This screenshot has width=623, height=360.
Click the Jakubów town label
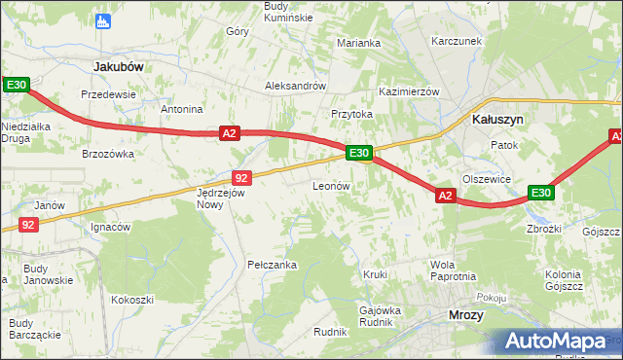pos(118,66)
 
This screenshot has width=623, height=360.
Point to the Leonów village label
pos(330,185)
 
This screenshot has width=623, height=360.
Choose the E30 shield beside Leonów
pos(358,153)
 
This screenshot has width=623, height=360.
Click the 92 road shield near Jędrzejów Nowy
pos(242,177)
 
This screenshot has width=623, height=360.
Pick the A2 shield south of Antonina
pos(229,133)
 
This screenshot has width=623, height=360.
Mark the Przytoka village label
pos(351,114)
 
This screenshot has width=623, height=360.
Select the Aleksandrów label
pos(295,86)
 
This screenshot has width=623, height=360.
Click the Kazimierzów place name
pos(410,90)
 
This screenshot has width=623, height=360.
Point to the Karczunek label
pos(458,42)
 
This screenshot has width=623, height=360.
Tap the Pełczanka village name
pos(272,264)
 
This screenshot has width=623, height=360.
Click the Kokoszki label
pos(132,300)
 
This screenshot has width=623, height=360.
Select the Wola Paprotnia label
pos(453,270)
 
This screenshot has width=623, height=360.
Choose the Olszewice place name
pos(487,179)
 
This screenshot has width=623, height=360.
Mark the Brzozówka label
pos(107,154)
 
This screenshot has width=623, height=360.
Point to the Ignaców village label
pos(110,227)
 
